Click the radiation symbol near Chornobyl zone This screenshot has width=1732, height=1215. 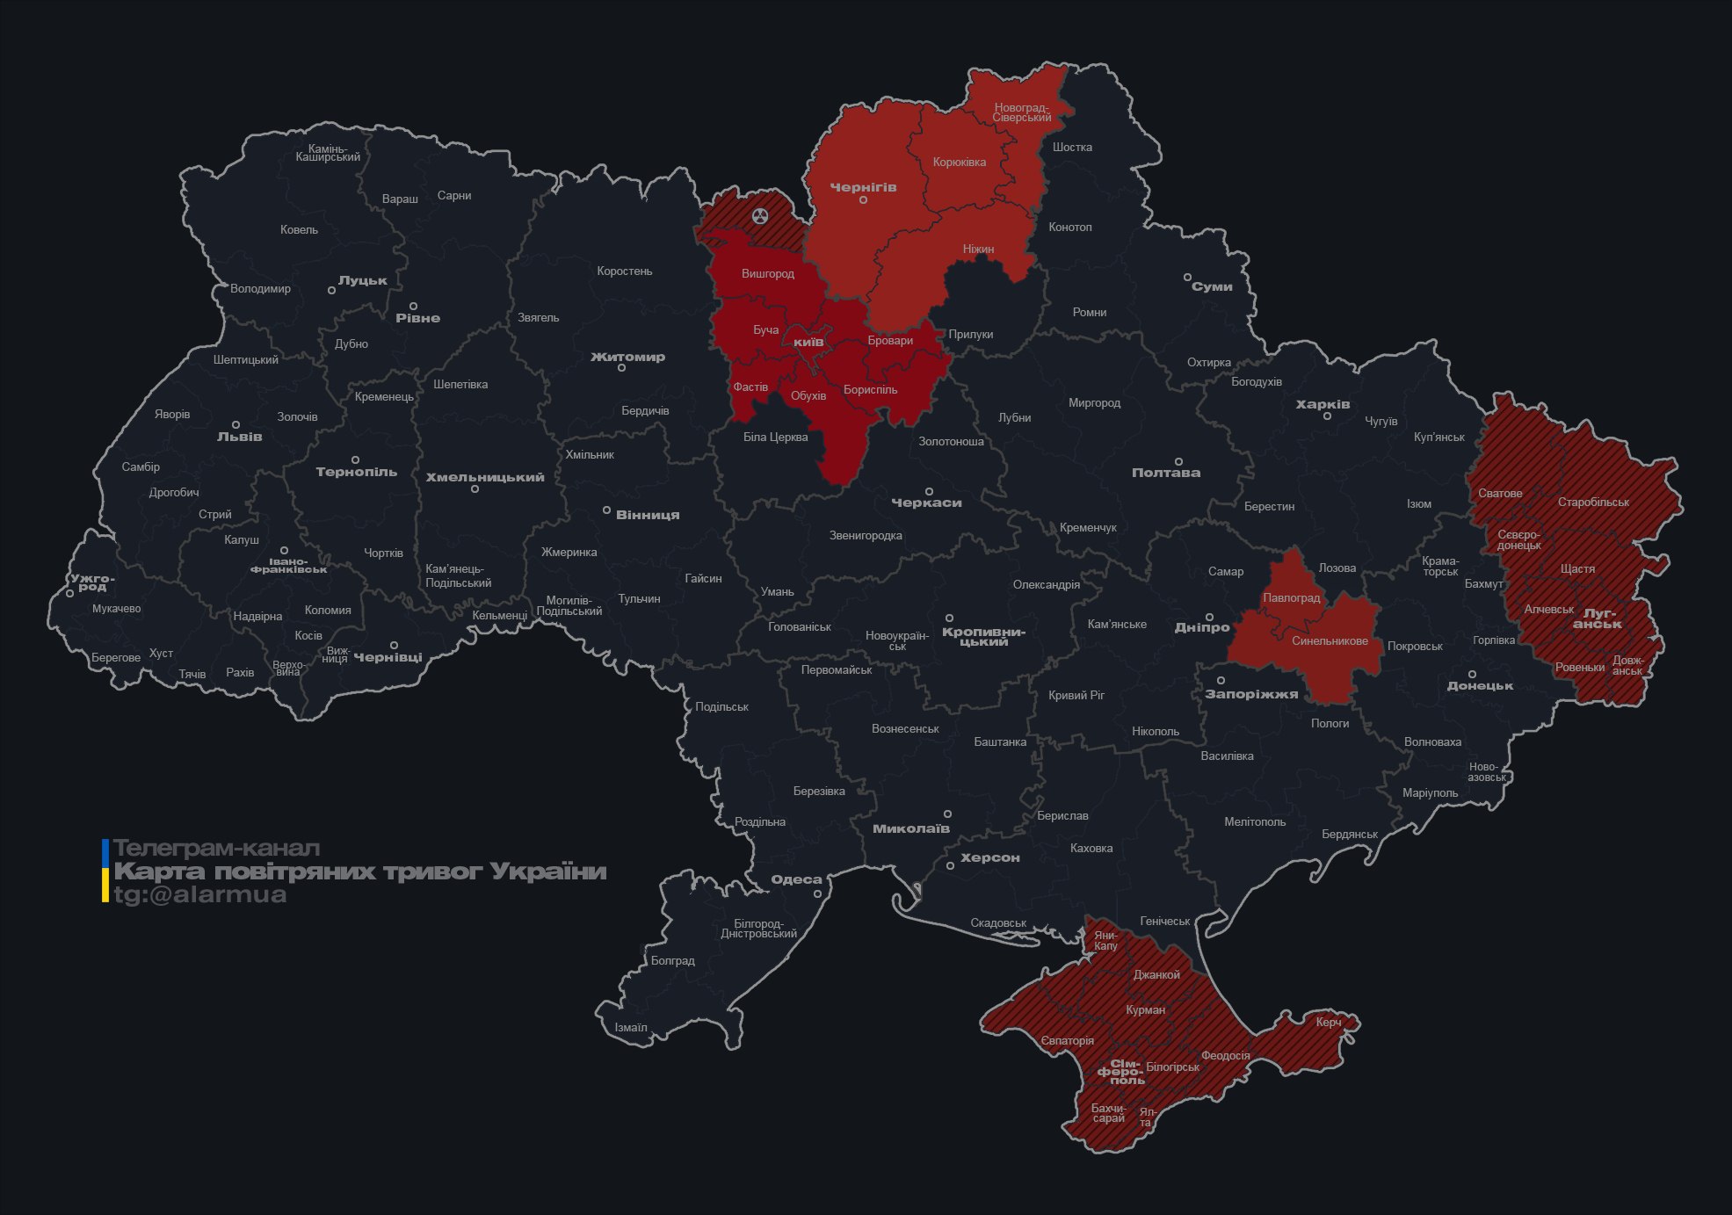click(x=761, y=215)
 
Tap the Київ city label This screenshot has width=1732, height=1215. click(x=808, y=342)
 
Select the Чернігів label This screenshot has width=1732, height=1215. click(x=863, y=187)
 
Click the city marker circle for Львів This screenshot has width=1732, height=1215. click(x=236, y=424)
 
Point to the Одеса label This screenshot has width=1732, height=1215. click(x=796, y=879)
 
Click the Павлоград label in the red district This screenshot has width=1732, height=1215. click(x=1291, y=597)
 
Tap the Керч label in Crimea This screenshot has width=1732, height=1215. click(x=1328, y=1022)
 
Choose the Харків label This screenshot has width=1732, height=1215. click(x=1323, y=404)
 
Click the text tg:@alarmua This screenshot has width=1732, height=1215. click(x=200, y=894)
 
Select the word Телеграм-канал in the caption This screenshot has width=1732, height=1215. click(x=216, y=849)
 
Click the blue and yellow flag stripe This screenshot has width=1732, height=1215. click(x=105, y=871)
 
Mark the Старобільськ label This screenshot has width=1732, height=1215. click(x=1592, y=503)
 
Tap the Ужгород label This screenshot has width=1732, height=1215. click(x=92, y=582)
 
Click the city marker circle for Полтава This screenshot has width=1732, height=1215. click(x=1178, y=461)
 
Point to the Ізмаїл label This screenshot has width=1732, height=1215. click(x=630, y=1027)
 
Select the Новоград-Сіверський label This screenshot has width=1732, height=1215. click(x=1021, y=112)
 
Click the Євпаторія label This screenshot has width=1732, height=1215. click(x=1067, y=1040)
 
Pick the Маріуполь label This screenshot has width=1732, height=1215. click(x=1430, y=792)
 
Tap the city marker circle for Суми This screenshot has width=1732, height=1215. click(x=1187, y=277)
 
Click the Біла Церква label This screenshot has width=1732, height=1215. click(x=775, y=437)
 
